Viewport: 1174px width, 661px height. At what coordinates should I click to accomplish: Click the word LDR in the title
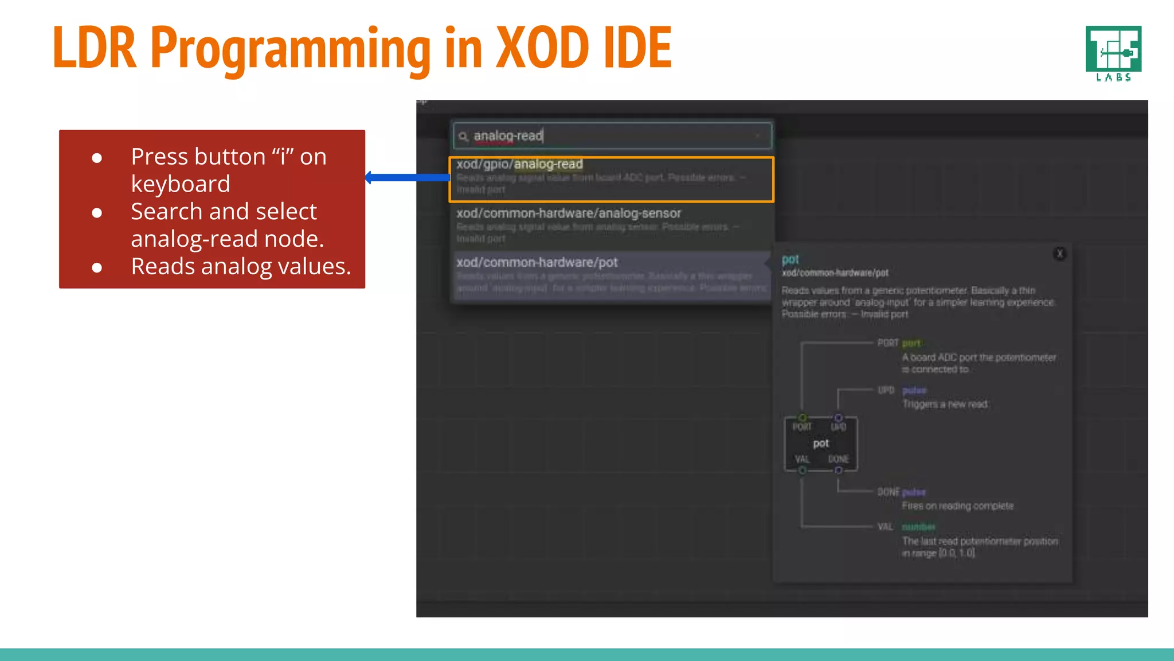click(x=95, y=48)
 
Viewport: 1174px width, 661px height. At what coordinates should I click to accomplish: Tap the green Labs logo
click(x=1113, y=53)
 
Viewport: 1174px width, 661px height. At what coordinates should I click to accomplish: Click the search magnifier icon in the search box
click(x=463, y=137)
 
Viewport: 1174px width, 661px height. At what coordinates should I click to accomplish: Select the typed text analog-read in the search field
click(x=508, y=136)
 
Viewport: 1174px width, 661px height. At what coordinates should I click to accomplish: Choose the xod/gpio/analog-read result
click(x=519, y=164)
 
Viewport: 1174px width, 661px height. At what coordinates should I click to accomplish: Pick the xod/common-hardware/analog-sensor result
click(x=569, y=213)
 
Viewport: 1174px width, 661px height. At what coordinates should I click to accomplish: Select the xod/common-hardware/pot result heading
click(x=537, y=263)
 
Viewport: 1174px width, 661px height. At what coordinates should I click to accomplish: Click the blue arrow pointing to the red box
click(x=407, y=178)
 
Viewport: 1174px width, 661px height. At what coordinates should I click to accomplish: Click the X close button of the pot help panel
click(x=1059, y=254)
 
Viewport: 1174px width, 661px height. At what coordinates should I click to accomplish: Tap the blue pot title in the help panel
click(x=790, y=259)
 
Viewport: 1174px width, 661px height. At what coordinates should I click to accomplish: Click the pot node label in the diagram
click(x=821, y=444)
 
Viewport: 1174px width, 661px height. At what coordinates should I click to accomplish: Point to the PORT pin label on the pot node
click(x=802, y=427)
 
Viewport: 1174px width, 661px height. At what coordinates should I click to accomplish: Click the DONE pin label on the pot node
click(x=838, y=460)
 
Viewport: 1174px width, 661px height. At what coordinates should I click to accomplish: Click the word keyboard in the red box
click(x=181, y=184)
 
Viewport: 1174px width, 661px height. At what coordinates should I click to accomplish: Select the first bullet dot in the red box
click(x=97, y=158)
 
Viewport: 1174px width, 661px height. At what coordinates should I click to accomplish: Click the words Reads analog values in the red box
click(x=241, y=267)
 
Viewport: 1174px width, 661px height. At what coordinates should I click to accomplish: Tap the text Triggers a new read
click(x=945, y=405)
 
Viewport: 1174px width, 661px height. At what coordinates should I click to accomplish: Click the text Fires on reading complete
click(x=957, y=506)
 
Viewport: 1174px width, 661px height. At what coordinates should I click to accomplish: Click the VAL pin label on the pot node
click(x=802, y=460)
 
